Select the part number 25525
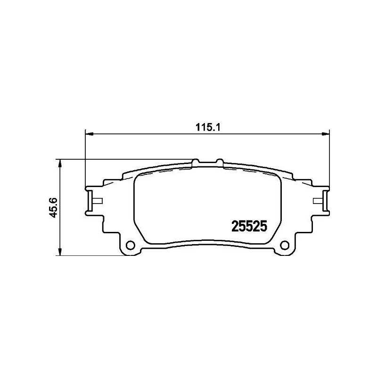pos(248,227)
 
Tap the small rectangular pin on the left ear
pos(97,201)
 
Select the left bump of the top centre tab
pos(197,161)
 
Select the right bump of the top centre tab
pos(218,161)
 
